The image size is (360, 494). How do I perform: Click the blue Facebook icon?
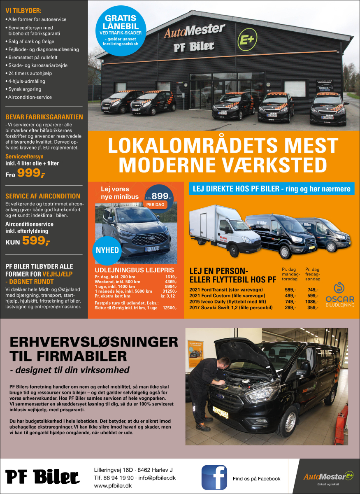pyautogui.click(x=214, y=477)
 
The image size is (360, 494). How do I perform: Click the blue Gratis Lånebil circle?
pyautogui.click(x=121, y=30)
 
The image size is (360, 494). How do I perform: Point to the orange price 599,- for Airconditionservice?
pyautogui.click(x=36, y=241)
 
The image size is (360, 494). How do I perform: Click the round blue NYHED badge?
pyautogui.click(x=107, y=250)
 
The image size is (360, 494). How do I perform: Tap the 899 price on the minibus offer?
pyautogui.click(x=160, y=196)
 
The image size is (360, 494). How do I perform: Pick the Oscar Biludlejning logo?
pyautogui.click(x=339, y=295)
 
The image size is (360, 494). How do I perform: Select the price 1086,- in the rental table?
pyautogui.click(x=312, y=301)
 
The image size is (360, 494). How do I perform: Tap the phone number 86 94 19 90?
pyautogui.click(x=118, y=478)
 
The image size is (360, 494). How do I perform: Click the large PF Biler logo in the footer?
pyautogui.click(x=42, y=477)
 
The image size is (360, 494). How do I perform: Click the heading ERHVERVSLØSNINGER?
pyautogui.click(x=94, y=342)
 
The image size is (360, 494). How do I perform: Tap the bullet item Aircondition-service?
pyautogui.click(x=30, y=97)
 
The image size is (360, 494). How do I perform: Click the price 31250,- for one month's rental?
pyautogui.click(x=169, y=291)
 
